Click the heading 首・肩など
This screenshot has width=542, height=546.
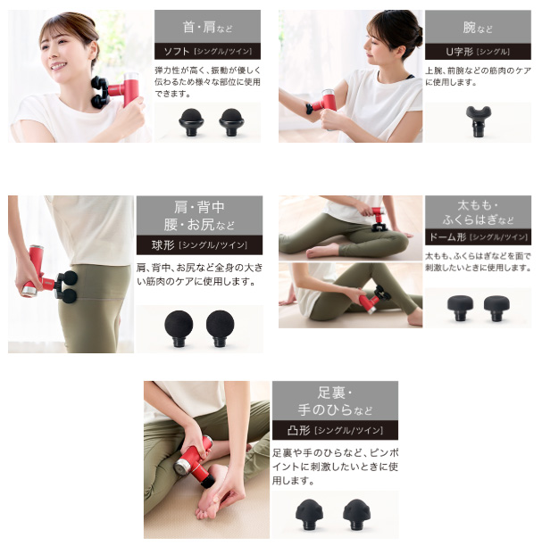pos(207,27)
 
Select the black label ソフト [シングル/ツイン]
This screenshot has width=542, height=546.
pos(207,51)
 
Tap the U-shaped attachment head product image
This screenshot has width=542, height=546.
pos(479,121)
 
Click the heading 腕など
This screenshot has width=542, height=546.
pos(478,27)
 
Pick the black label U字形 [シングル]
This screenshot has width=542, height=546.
pos(478,52)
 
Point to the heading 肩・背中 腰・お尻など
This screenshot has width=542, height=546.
pos(199,216)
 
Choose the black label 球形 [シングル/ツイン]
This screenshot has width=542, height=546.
pos(199,245)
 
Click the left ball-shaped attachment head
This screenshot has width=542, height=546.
pos(179,328)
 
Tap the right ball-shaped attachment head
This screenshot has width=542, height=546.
pos(220,328)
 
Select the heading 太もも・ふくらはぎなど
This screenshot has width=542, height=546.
pos(478,212)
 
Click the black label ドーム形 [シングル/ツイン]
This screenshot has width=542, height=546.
pos(478,237)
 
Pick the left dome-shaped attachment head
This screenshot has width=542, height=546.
pos(460,308)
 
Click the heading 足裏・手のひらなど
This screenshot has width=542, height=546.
pos(335,401)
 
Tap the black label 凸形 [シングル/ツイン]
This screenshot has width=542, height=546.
pos(335,430)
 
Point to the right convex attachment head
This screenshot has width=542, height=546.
pos(356,514)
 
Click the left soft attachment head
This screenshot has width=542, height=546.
pos(191,122)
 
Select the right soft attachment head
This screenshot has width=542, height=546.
pos(231,122)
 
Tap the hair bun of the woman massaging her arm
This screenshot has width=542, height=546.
pos(415,29)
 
